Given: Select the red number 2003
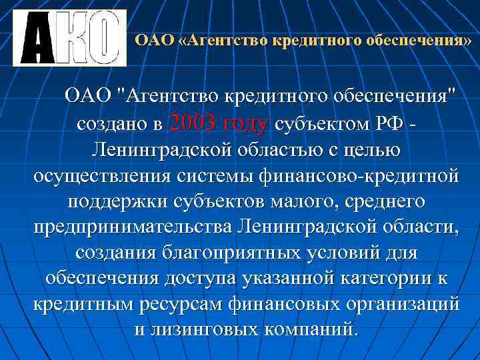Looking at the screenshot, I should pos(193,123).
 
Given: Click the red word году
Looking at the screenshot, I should pos(247,123).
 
